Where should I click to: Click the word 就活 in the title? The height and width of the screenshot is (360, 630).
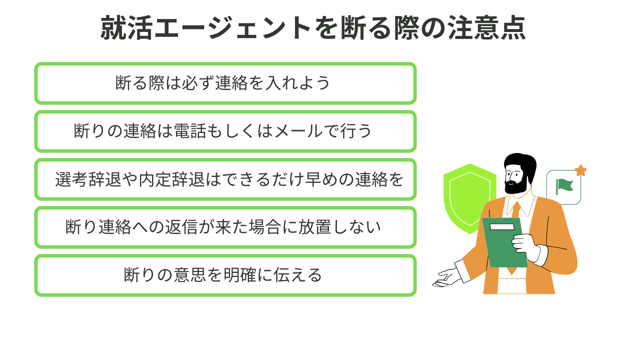(122, 28)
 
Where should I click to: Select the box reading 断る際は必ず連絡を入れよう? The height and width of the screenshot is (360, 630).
(225, 83)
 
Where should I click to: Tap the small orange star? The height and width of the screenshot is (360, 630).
(580, 170)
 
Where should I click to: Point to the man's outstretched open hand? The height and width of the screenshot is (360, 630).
(445, 277)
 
